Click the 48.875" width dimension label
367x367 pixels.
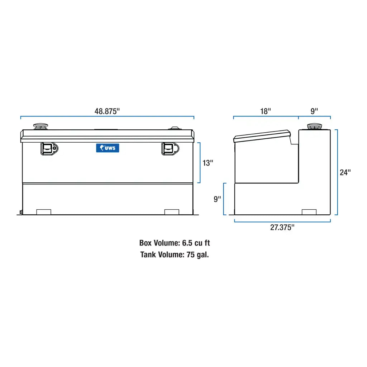[107, 111]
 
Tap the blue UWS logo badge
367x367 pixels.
[108, 148]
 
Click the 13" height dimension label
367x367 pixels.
[208, 163]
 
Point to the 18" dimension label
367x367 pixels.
[265, 111]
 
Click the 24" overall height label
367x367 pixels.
[345, 172]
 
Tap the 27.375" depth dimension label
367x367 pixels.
[282, 228]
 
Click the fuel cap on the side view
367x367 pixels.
[314, 127]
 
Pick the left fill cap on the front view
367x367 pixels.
[40, 127]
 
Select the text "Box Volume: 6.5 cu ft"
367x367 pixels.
[175, 243]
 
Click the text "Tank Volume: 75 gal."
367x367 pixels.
[175, 255]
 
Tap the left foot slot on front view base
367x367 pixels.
[44, 212]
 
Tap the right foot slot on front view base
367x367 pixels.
[172, 212]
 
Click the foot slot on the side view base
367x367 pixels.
[309, 212]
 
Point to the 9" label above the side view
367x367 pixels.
[314, 111]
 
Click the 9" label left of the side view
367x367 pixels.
[218, 199]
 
